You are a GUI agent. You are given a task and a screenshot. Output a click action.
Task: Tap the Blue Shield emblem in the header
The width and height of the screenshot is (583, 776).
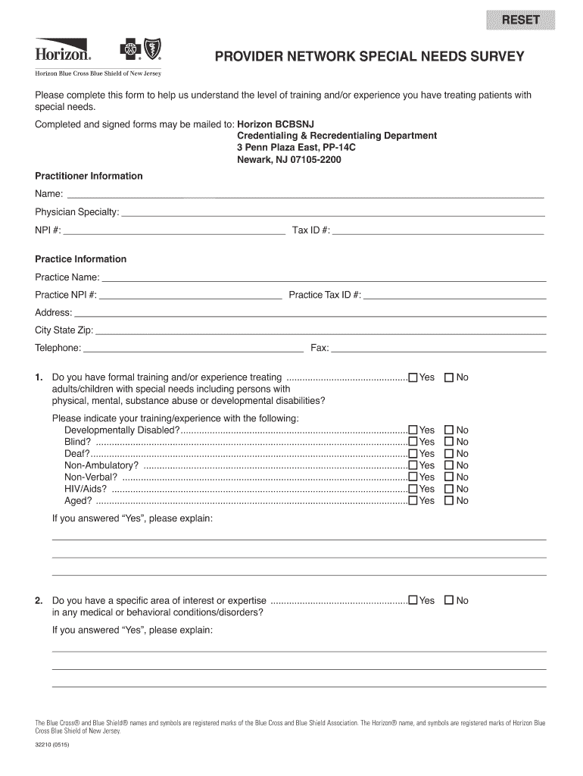(x=152, y=51)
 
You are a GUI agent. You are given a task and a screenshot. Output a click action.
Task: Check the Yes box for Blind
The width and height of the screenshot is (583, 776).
(x=413, y=442)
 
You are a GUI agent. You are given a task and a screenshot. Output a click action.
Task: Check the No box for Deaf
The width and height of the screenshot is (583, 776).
(x=448, y=454)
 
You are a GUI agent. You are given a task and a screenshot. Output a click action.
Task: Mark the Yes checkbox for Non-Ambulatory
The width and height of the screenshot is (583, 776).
(x=413, y=465)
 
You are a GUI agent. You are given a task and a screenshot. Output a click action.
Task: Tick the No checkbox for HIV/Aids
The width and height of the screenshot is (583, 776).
(x=448, y=489)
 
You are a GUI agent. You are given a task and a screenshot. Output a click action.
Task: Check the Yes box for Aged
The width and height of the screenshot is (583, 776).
(x=413, y=501)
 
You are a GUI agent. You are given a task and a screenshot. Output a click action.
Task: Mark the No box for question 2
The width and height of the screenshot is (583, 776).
(x=448, y=601)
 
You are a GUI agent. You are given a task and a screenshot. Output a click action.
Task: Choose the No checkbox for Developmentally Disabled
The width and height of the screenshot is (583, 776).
(x=448, y=430)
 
